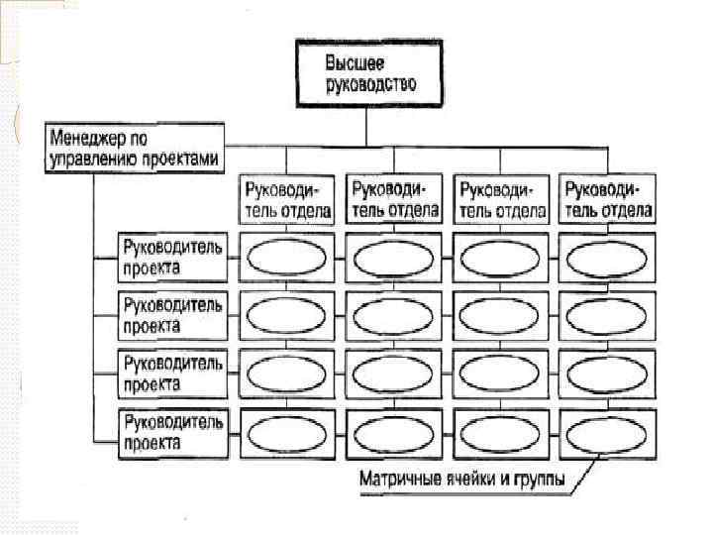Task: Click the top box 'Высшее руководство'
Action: click(367, 72)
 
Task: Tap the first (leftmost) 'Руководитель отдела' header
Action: click(285, 198)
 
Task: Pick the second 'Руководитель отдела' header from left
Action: click(393, 198)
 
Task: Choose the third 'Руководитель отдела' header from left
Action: click(501, 198)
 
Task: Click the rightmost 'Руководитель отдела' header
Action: click(607, 198)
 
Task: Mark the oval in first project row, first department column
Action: click(285, 258)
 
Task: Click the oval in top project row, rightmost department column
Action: click(607, 258)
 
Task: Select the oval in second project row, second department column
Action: click(393, 315)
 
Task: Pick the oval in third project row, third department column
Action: click(501, 374)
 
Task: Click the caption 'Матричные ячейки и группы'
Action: click(462, 481)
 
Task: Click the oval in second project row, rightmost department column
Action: click(607, 315)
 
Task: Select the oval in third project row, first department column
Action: click(285, 374)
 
